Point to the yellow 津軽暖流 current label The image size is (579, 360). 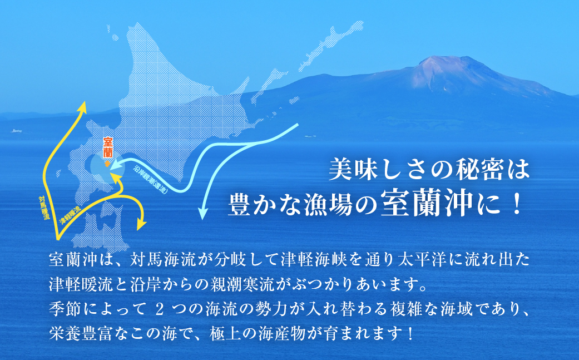click(70, 214)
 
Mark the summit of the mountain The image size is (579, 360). click(438, 59)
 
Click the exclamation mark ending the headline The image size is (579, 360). click(516, 206)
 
